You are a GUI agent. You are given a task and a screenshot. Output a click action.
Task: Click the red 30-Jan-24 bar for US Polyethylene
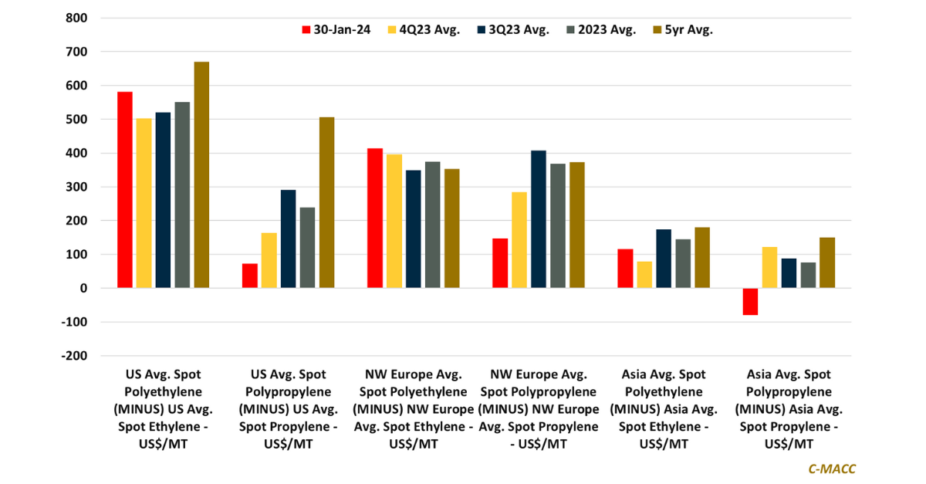(x=125, y=190)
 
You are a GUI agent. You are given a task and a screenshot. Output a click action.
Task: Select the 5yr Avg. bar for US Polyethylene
(x=201, y=174)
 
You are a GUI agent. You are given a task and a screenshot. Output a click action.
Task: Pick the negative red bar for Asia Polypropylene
(x=750, y=301)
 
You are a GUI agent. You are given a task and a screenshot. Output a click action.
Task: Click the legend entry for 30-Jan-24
(x=336, y=30)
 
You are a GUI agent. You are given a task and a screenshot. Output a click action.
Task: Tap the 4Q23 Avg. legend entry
(x=429, y=30)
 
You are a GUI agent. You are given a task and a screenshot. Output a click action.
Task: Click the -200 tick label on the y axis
(x=76, y=356)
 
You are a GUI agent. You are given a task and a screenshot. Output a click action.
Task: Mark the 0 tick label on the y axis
(x=83, y=288)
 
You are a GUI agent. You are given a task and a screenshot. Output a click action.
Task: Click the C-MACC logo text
(x=832, y=469)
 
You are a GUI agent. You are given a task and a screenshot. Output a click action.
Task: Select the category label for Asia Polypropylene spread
(x=789, y=409)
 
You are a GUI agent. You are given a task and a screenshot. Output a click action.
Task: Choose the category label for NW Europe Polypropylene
(x=539, y=409)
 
